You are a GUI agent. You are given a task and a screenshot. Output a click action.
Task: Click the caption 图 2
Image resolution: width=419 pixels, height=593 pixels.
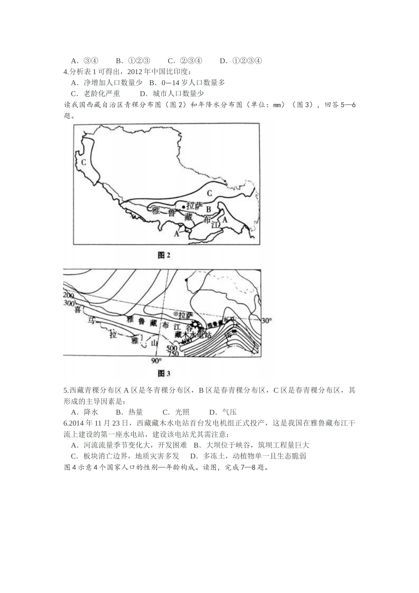point(164,255)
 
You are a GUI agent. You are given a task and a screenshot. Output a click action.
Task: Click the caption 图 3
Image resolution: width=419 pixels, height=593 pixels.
point(164,374)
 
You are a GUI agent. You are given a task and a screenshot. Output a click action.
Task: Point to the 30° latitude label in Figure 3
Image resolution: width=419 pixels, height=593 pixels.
point(266,321)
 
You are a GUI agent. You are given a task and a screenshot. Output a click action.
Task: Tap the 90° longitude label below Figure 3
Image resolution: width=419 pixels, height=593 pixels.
point(157,361)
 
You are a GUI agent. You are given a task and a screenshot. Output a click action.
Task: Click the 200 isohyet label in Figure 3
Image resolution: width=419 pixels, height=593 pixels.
point(68,295)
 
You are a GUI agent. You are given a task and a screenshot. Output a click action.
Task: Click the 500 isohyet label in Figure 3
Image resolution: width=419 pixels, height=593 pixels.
point(172,348)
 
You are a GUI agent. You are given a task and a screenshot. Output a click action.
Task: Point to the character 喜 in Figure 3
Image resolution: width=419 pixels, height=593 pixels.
point(78,310)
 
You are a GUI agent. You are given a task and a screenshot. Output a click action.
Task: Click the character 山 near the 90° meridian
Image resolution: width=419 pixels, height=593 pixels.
point(154,343)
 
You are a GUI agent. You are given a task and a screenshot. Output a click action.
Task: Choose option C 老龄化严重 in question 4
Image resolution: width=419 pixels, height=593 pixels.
point(95,94)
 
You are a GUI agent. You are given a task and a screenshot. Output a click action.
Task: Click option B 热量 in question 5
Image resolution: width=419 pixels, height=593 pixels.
point(129,412)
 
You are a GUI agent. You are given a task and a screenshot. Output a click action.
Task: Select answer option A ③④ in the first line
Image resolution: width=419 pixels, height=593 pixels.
point(85,61)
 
